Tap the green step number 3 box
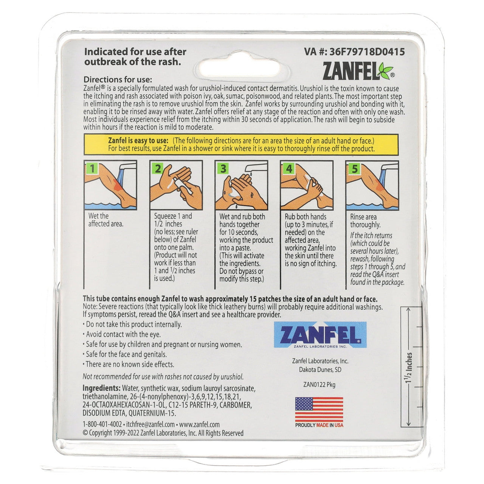click(223, 168)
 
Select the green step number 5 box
click(354, 168)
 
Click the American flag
click(319, 409)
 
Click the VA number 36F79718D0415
click(354, 52)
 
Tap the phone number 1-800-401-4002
click(102, 425)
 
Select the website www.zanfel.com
click(199, 425)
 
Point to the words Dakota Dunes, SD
click(320, 369)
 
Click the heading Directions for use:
click(118, 80)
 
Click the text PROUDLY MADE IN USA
click(319, 425)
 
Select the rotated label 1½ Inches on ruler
click(409, 368)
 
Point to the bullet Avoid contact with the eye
click(123, 334)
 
